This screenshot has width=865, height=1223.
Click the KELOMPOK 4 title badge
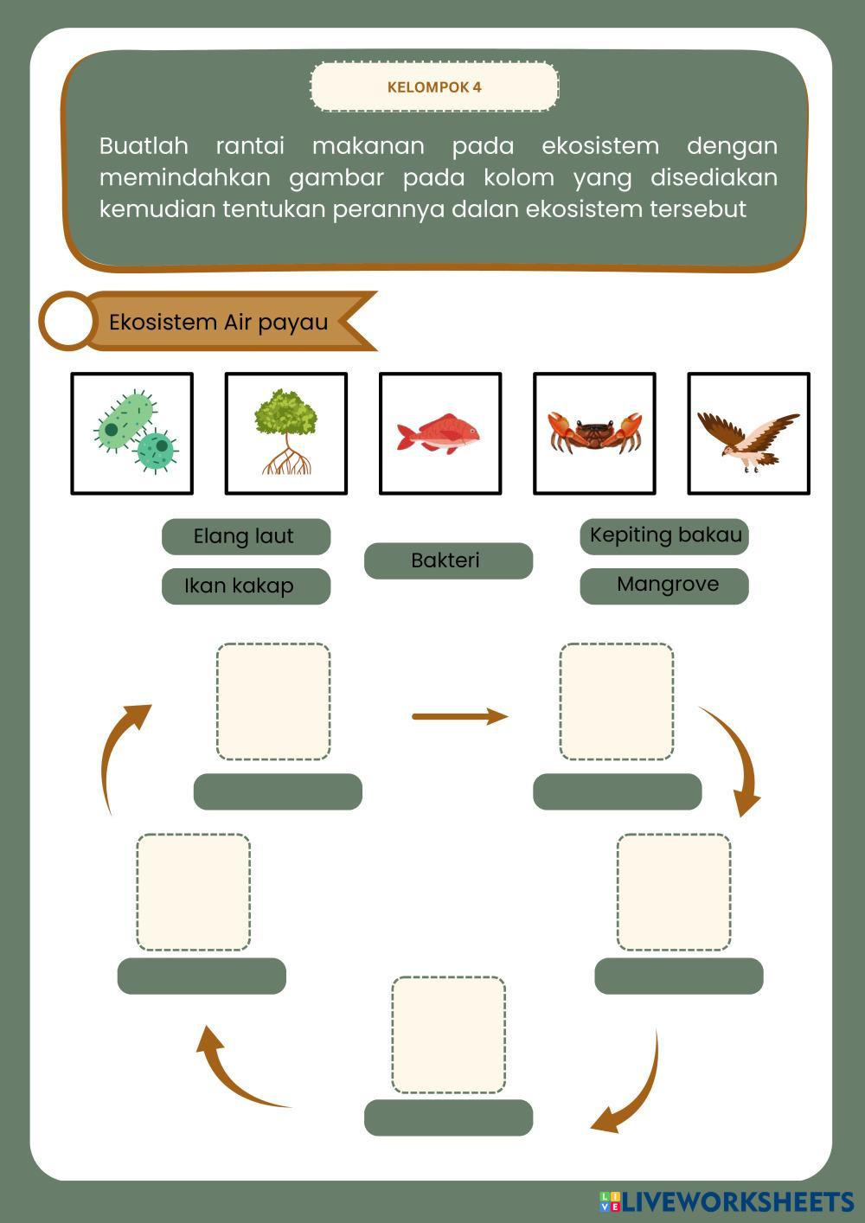(435, 86)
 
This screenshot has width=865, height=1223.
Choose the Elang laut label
(246, 537)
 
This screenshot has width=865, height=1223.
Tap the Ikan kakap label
(246, 586)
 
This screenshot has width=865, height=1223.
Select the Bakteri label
(448, 560)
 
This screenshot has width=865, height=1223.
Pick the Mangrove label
(664, 586)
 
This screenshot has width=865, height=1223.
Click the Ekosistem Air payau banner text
(219, 322)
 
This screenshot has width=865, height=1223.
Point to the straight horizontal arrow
(460, 716)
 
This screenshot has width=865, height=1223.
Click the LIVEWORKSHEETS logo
(727, 1202)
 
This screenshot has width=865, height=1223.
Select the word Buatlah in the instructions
(144, 146)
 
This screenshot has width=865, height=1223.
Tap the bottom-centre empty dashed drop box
(448, 1035)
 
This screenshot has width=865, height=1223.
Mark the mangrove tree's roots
(286, 460)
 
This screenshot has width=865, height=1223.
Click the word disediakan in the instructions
(714, 178)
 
